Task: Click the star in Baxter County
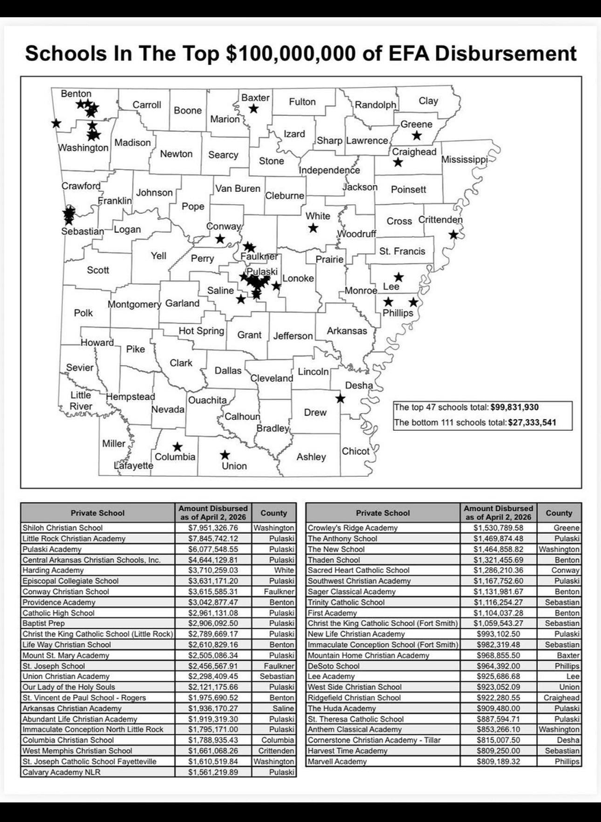pyautogui.click(x=254, y=108)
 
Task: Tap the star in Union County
pyautogui.click(x=225, y=455)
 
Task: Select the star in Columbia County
pyautogui.click(x=177, y=447)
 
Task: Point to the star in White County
pyautogui.click(x=313, y=227)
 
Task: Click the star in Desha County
pyautogui.click(x=340, y=398)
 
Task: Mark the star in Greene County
pyautogui.click(x=417, y=136)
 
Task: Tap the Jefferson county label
pyautogui.click(x=293, y=336)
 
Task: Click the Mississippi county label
pyautogui.click(x=464, y=160)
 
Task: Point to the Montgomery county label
pyautogui.click(x=134, y=304)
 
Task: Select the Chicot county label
pyautogui.click(x=355, y=451)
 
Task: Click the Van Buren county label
pyautogui.click(x=238, y=188)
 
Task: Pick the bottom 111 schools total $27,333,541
pyautogui.click(x=474, y=423)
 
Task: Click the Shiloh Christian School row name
pyautogui.click(x=63, y=528)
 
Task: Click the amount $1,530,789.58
pyautogui.click(x=498, y=528)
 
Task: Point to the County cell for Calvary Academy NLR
pyautogui.click(x=273, y=772)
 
